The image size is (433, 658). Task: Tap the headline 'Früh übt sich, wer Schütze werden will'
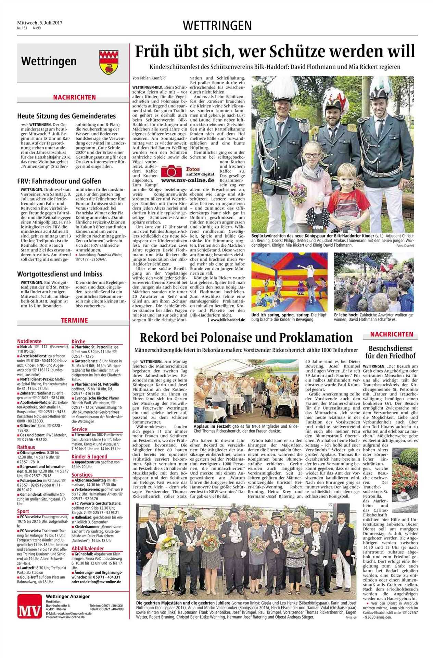275,51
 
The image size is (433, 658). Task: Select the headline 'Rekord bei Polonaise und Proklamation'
246,338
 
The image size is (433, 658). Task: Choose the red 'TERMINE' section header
74,320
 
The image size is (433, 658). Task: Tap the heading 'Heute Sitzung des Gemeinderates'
66,116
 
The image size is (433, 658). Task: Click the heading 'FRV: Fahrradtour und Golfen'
59,181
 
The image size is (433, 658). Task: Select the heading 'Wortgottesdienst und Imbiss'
60,274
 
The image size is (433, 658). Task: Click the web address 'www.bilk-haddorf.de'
228,319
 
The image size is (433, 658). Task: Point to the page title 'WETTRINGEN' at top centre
217,25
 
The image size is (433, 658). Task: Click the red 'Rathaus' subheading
26,447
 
